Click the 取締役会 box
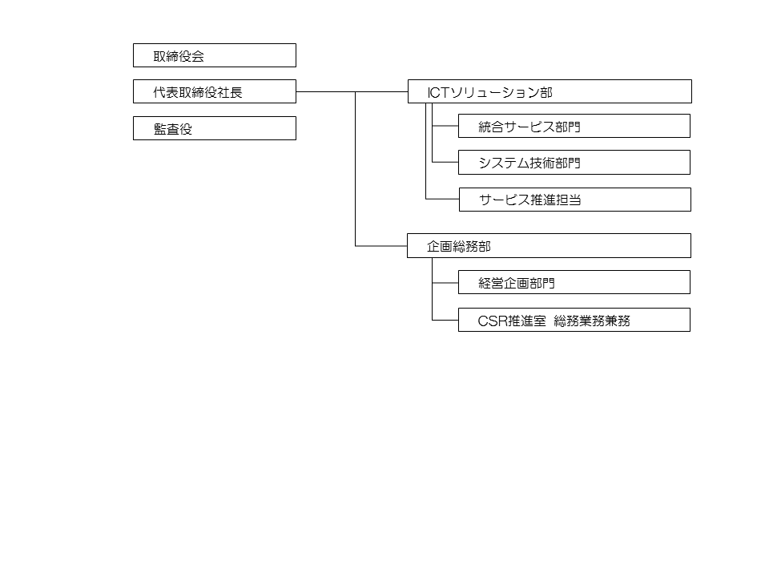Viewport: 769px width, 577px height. [215, 55]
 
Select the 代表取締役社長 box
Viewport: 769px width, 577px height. [215, 91]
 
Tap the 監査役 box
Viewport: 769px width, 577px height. [215, 128]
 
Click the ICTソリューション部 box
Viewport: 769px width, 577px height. [550, 91]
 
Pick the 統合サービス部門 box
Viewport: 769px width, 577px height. [574, 126]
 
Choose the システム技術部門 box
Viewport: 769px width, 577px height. [574, 163]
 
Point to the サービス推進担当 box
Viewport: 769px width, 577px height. [575, 200]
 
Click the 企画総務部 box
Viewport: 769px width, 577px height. [550, 246]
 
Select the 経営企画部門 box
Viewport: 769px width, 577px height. [574, 282]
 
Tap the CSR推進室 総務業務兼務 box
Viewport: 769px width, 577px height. [574, 320]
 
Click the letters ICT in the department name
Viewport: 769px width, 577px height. [438, 92]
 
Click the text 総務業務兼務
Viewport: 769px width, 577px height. [592, 321]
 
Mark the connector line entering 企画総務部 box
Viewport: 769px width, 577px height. [381, 246]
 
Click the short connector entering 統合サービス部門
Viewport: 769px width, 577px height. [445, 126]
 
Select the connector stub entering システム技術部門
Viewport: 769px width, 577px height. [445, 162]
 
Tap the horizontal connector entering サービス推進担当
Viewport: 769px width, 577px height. [442, 199]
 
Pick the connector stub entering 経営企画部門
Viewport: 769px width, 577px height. [445, 283]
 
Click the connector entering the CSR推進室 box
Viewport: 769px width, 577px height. [445, 320]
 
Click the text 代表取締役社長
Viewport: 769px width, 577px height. [198, 92]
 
